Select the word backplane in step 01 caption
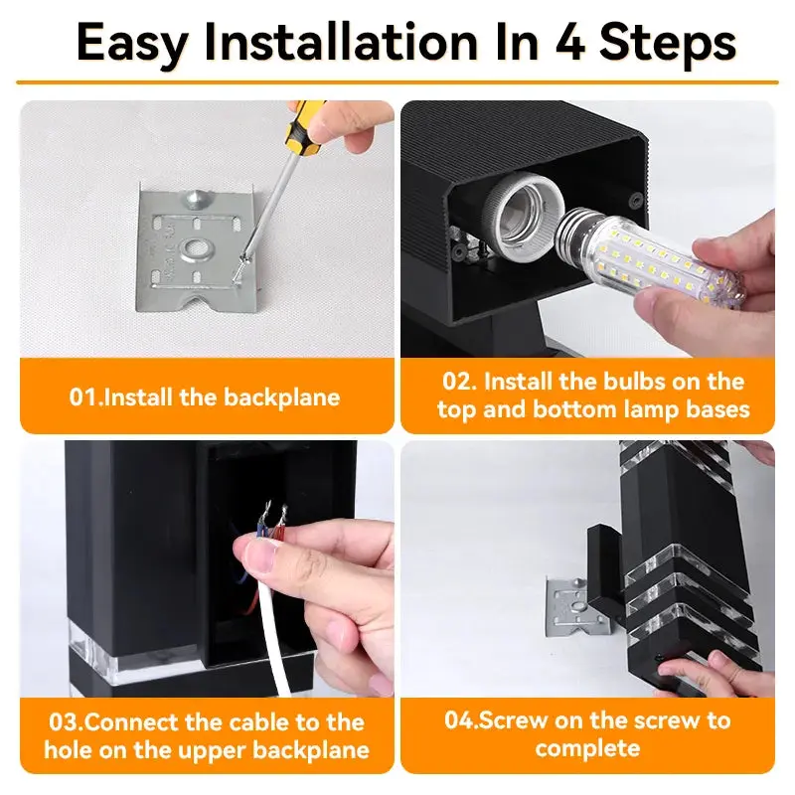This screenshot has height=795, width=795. [x=281, y=397]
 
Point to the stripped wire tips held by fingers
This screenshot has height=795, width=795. [x=270, y=520]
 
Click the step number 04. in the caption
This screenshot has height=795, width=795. [x=461, y=720]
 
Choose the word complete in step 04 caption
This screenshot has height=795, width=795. [x=586, y=747]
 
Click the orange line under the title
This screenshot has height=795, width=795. [x=397, y=82]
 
